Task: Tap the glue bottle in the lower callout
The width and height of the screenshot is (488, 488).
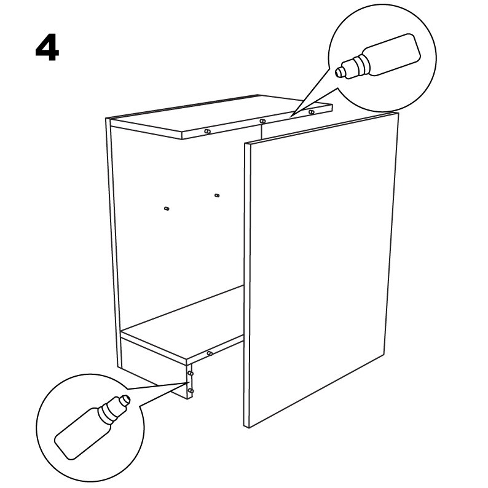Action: pos(92,427)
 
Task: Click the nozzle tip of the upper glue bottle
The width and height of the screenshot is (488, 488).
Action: pos(338,73)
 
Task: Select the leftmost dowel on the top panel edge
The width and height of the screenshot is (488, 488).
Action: pos(208,132)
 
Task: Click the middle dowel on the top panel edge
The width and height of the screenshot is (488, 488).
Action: pos(262,120)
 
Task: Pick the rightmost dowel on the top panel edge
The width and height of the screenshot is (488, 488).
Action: pos(312,112)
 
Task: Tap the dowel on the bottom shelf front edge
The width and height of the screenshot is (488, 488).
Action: pos(210,353)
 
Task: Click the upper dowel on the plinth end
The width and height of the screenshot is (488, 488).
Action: pos(191,373)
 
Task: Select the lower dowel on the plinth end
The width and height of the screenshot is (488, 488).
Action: pos(191,391)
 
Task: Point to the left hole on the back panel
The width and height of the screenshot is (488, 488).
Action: pos(167,208)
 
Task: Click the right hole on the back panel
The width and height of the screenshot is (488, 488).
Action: pos(217,195)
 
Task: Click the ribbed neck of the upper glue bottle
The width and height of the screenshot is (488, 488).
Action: pos(361,65)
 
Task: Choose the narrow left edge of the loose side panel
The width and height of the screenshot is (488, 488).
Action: pos(246,285)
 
